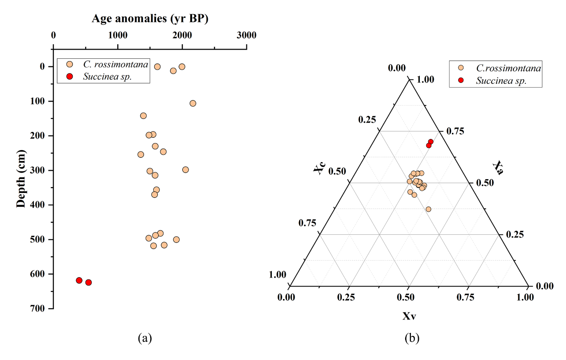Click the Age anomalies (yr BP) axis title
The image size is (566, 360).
pyautogui.click(x=150, y=19)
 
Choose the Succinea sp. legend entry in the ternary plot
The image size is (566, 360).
pyautogui.click(x=501, y=81)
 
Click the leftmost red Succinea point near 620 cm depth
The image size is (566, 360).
pyautogui.click(x=79, y=280)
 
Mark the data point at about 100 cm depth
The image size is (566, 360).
pyautogui.click(x=193, y=103)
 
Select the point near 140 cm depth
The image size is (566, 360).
pyautogui.click(x=143, y=116)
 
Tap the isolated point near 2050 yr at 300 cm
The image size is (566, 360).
pyautogui.click(x=185, y=170)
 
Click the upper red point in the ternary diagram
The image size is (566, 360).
pyautogui.click(x=431, y=142)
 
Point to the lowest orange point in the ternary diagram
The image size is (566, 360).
pyautogui.click(x=428, y=209)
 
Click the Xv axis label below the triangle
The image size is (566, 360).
pyautogui.click(x=409, y=316)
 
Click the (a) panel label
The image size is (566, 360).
pyautogui.click(x=145, y=338)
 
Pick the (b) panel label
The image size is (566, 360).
pyautogui.click(x=412, y=338)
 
